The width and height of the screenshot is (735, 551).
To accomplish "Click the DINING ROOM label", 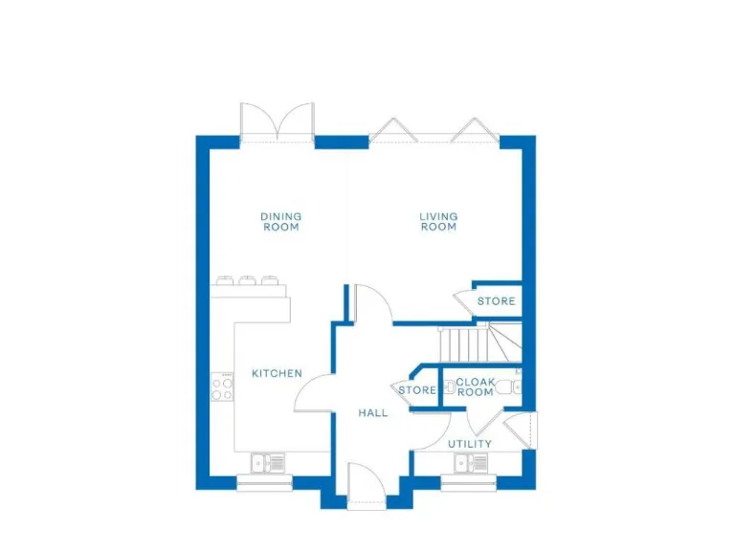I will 280,222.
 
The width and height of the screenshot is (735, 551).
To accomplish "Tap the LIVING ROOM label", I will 438,222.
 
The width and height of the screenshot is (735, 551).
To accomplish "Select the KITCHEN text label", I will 277,373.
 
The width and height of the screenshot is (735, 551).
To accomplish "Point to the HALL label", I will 373,413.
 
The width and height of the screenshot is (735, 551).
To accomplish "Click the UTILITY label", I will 470,444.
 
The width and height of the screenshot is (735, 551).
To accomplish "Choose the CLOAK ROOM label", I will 475,386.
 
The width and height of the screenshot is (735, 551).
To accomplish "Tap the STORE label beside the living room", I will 497,301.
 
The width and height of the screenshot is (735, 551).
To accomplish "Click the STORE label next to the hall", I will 417,390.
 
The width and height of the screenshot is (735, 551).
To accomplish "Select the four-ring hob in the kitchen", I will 222,387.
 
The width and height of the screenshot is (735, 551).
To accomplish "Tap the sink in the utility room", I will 471,464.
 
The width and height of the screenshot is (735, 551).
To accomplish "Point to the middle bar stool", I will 248,281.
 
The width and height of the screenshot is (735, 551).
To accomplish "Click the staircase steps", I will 463,342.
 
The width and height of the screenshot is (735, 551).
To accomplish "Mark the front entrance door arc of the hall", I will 367,484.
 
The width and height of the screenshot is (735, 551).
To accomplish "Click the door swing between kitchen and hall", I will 314,391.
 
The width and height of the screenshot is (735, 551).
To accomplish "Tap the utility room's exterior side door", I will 525,430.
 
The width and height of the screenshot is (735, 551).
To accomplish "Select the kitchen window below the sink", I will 264,483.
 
